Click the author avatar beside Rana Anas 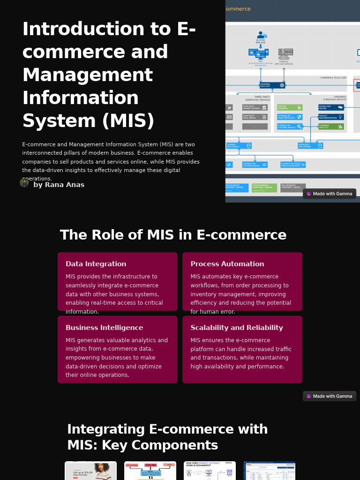[x=24, y=182]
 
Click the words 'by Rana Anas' [x=59, y=185]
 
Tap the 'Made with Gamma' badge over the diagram [x=329, y=194]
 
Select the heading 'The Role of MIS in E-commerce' [x=173, y=235]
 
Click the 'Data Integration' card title [x=96, y=264]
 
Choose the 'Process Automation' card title [x=227, y=264]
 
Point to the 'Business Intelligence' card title [x=104, y=328]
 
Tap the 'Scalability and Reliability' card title [x=236, y=328]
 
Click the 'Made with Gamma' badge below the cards [x=329, y=396]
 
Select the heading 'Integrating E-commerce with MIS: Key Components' [x=167, y=437]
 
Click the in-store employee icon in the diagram [x=261, y=36]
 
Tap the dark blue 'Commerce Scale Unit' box [x=272, y=85]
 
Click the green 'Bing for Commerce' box [x=289, y=107]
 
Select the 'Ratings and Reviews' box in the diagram [x=331, y=107]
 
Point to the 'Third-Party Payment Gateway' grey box [x=255, y=107]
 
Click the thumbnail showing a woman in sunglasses [x=90, y=471]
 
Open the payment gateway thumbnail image [x=210, y=471]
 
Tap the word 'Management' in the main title [x=87, y=75]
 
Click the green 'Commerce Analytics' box [x=331, y=126]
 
